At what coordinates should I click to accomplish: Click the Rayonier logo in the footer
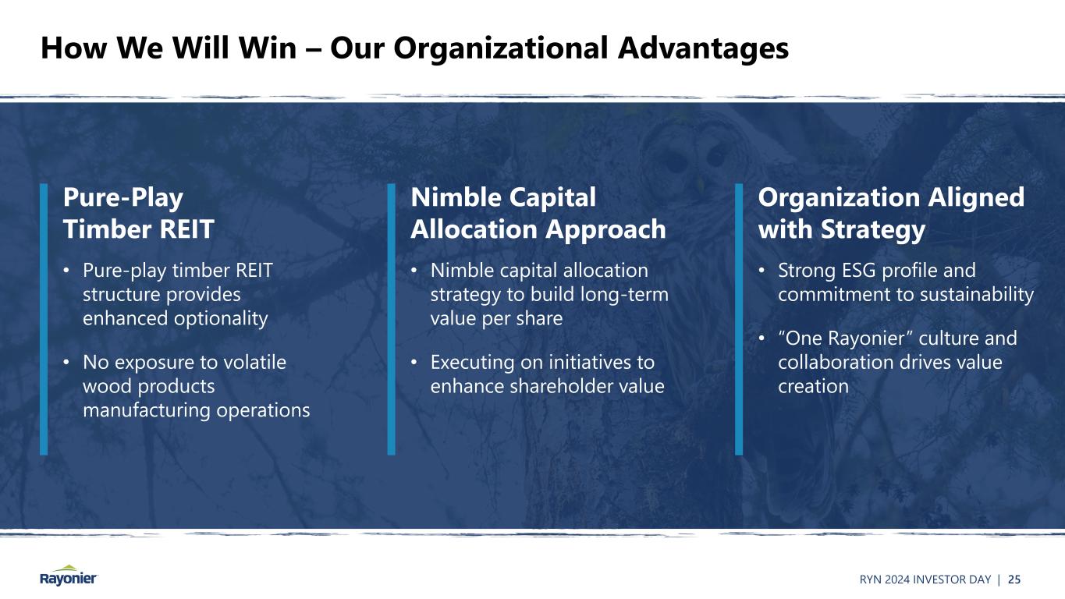(69, 576)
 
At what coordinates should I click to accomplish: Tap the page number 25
(1014, 580)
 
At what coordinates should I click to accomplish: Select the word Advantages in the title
(703, 49)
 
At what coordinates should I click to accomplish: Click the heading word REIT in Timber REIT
(186, 229)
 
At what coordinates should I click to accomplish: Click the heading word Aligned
(976, 198)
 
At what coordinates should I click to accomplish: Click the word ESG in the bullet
(859, 271)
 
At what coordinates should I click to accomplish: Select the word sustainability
(977, 295)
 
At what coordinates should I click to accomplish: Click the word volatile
(255, 362)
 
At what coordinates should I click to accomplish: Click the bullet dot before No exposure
(66, 363)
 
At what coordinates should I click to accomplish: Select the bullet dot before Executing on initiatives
(414, 363)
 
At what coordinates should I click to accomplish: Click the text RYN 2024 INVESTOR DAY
(925, 580)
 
